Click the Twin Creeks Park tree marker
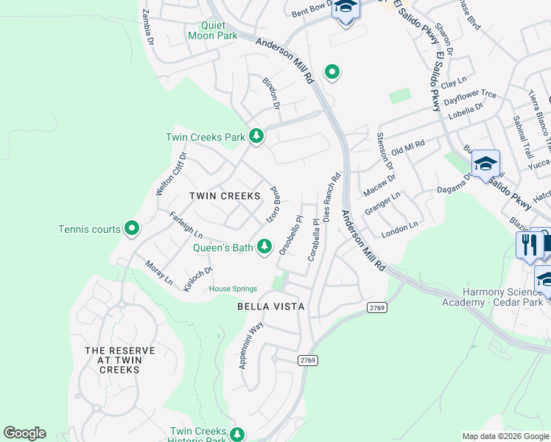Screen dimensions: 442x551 [256, 136]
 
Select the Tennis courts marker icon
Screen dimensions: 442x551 [132, 229]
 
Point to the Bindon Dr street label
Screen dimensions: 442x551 [271, 94]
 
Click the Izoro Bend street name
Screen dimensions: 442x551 [273, 205]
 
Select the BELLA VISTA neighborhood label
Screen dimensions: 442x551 [270, 306]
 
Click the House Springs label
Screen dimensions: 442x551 [233, 289]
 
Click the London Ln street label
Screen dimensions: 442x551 [399, 229]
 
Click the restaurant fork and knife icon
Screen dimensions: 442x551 [529, 245]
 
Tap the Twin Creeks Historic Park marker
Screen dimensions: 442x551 [236, 435]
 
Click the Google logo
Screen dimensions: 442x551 [24, 433]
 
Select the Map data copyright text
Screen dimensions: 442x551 [505, 436]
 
